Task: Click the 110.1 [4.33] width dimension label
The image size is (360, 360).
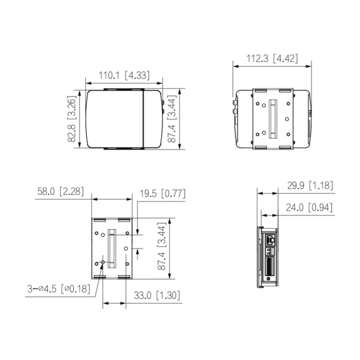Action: click(x=125, y=76)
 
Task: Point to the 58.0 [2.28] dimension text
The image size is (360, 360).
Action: click(x=59, y=192)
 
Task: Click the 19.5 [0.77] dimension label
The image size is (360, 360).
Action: click(x=163, y=194)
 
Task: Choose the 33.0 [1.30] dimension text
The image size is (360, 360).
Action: click(x=154, y=295)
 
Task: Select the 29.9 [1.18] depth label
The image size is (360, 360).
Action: click(x=310, y=186)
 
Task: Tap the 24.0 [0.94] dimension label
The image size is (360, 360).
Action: click(x=310, y=208)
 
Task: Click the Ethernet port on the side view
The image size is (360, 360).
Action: click(x=271, y=239)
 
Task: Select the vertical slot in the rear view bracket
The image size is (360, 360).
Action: click(x=274, y=118)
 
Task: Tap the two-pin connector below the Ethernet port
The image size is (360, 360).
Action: click(x=270, y=248)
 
